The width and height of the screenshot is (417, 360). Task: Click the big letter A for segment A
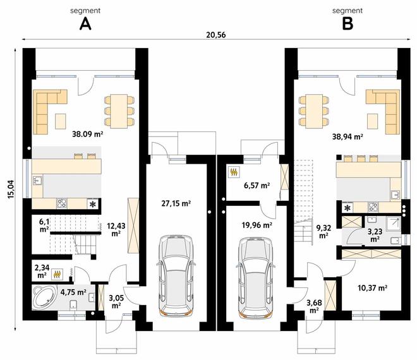tap(85, 24)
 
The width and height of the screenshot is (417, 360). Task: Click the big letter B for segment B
tap(347, 24)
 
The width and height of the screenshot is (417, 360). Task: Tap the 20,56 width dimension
tap(215, 35)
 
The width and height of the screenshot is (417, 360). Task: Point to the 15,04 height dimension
tap(11, 189)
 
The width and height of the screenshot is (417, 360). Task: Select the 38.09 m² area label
tap(87, 134)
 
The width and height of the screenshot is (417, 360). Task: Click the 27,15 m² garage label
tap(176, 203)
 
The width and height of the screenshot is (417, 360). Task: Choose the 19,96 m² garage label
tap(257, 225)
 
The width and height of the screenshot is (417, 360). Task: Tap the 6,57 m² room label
tap(257, 185)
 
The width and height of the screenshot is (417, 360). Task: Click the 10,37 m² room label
tap(372, 287)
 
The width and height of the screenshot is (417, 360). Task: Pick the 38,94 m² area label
tap(348, 136)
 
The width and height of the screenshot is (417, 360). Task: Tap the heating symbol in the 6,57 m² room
tap(234, 172)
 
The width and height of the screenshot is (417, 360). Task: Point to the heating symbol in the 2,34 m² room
tap(57, 274)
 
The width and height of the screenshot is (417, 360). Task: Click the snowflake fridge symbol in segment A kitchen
tap(93, 204)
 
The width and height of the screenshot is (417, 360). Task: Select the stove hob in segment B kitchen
tap(373, 207)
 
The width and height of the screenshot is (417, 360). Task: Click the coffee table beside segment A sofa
tap(61, 121)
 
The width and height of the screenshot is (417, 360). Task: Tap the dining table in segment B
tap(314, 111)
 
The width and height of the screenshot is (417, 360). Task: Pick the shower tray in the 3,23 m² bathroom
tap(394, 223)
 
